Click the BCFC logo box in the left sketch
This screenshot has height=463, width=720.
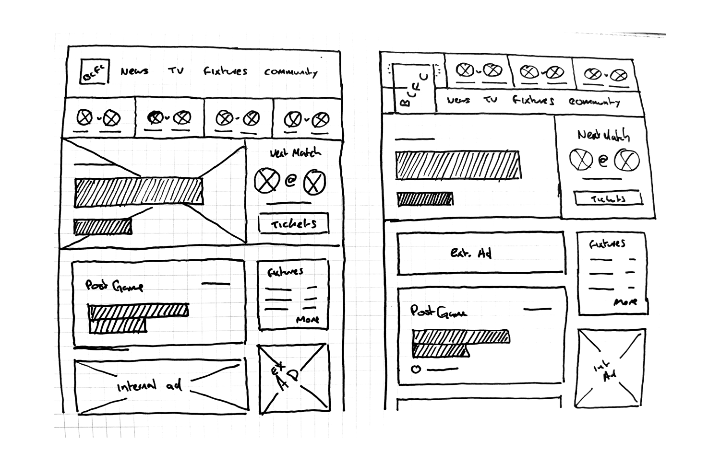click(95, 72)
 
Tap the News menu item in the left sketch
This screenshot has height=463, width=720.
click(134, 71)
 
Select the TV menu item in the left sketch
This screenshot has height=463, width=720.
click(176, 71)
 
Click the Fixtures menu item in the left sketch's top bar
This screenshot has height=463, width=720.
click(225, 72)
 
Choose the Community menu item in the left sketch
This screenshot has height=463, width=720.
click(290, 72)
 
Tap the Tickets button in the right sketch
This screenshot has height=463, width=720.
click(608, 198)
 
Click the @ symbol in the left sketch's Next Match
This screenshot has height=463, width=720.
click(290, 181)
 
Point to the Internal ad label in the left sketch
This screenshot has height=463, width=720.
click(149, 385)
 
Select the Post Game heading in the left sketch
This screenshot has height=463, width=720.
click(114, 286)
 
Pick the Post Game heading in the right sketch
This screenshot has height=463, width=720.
click(438, 312)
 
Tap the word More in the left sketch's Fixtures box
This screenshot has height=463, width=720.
click(308, 320)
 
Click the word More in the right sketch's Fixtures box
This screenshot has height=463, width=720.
click(625, 302)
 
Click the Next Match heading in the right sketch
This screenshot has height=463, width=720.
click(603, 136)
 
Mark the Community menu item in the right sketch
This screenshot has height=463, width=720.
click(594, 102)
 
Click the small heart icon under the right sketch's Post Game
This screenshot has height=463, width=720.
click(416, 369)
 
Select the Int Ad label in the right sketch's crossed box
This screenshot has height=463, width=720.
click(605, 372)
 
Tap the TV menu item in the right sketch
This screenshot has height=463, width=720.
click(490, 100)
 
